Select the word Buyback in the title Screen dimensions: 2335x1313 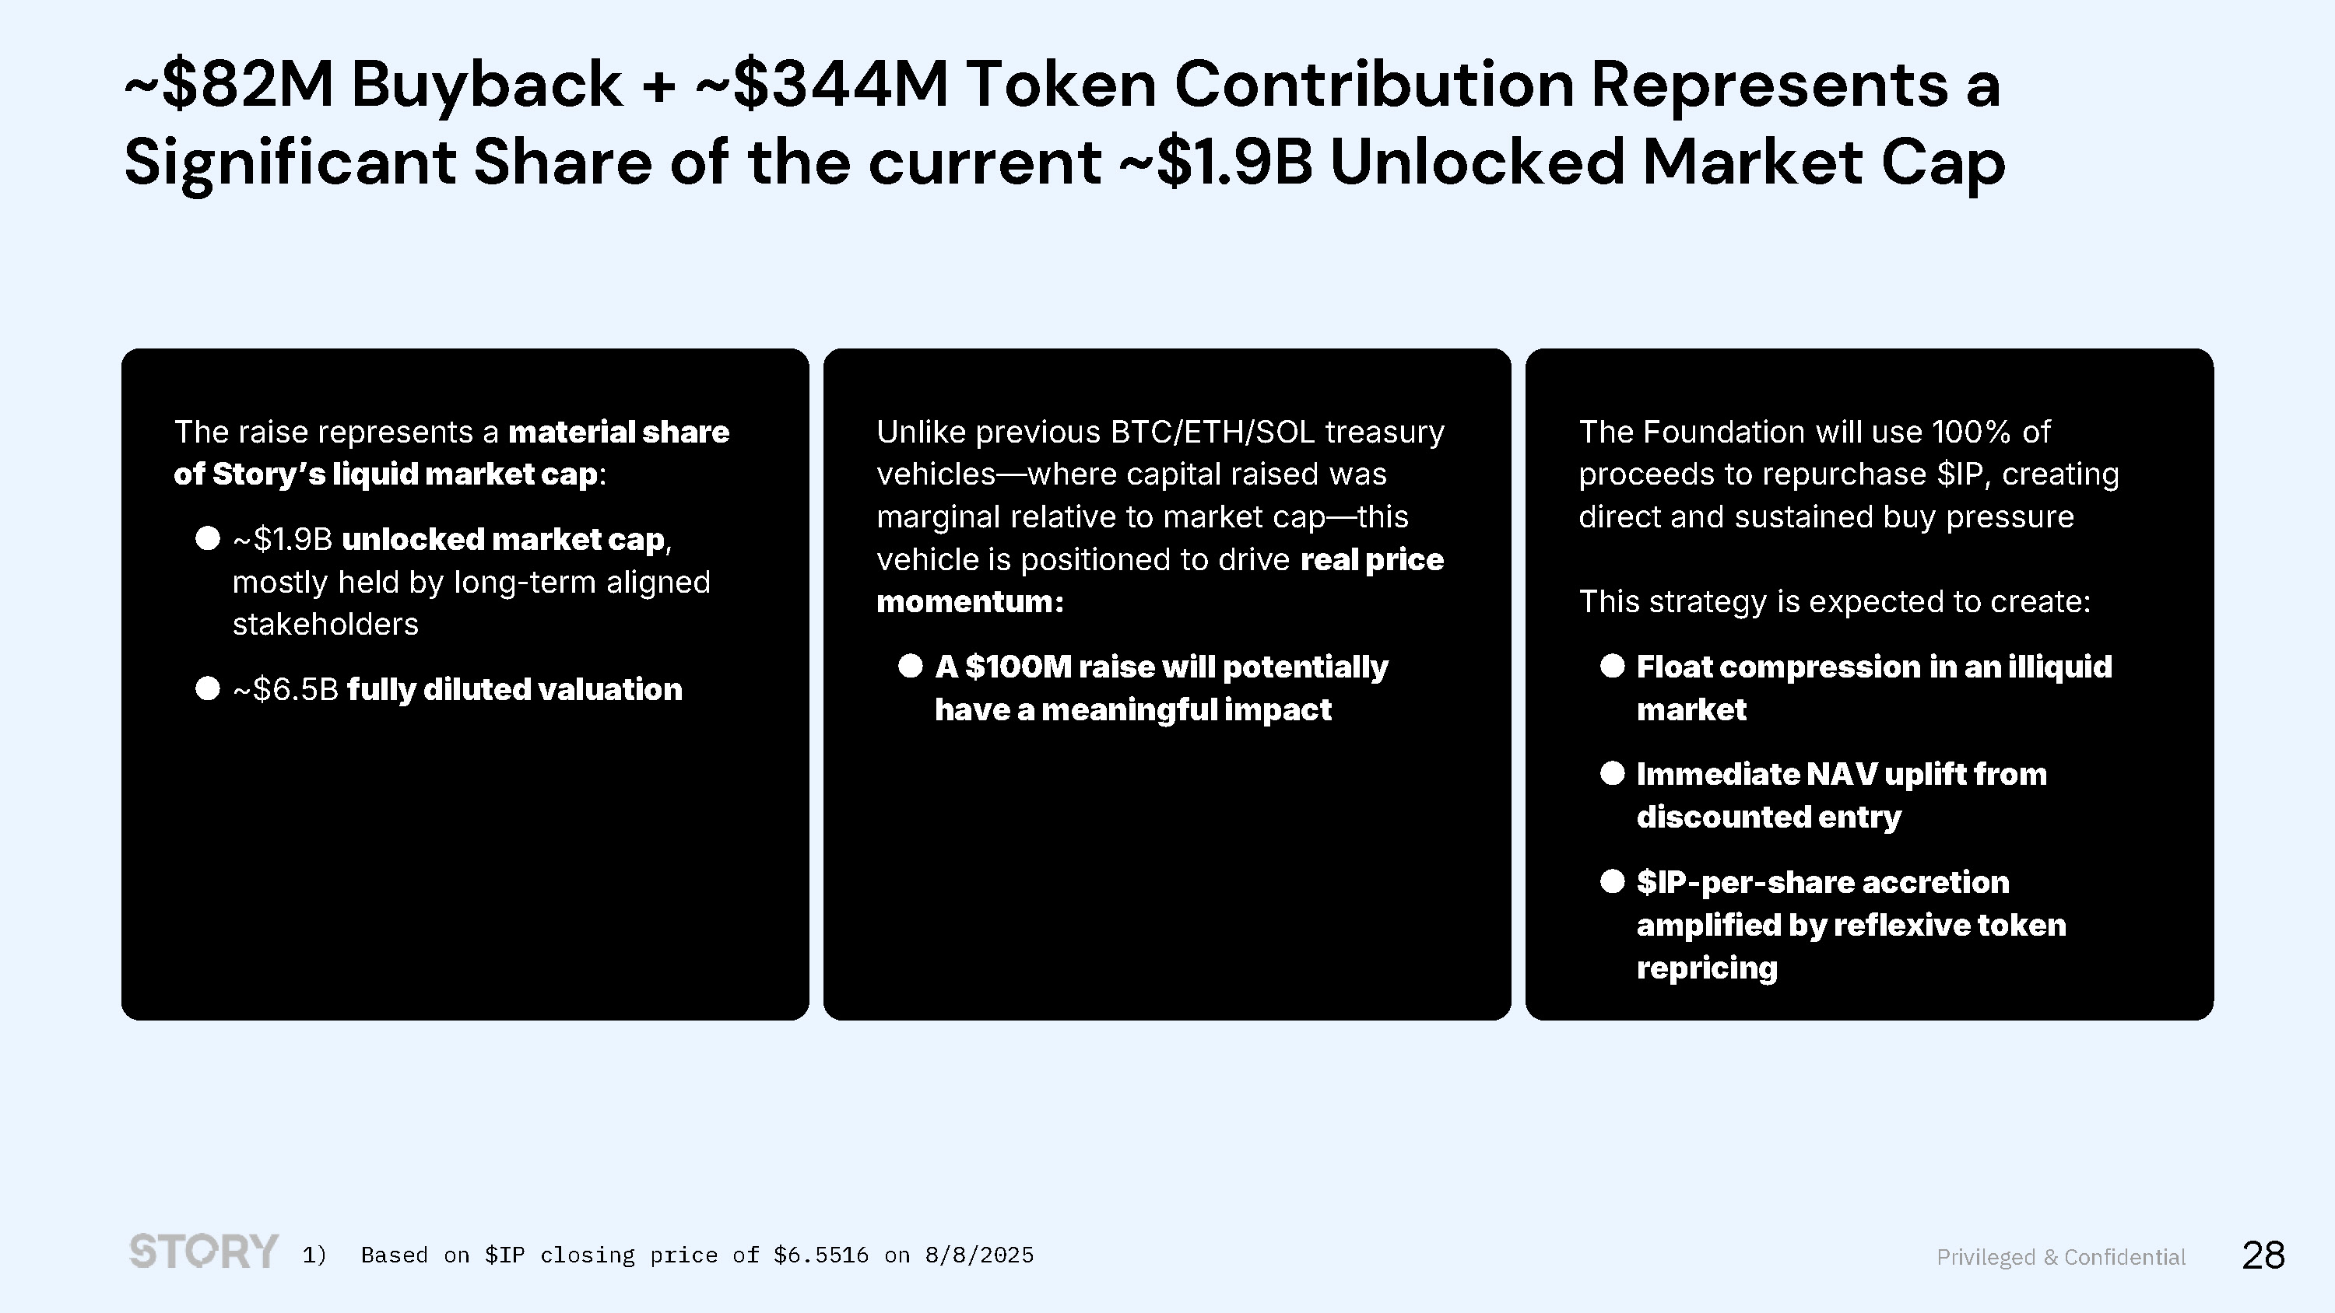click(x=486, y=84)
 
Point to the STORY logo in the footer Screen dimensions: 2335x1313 click(x=204, y=1251)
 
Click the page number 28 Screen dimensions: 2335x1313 click(x=2263, y=1255)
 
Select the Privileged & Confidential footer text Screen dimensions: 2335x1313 click(x=2061, y=1257)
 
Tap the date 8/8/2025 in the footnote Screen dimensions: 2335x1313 click(x=979, y=1255)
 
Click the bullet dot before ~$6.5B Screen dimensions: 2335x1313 click(x=208, y=688)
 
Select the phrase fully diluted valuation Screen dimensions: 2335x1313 click(x=514, y=690)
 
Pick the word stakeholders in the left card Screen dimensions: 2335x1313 click(x=325, y=625)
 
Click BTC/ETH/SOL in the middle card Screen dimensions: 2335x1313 click(x=1213, y=432)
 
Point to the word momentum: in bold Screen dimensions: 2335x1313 click(x=970, y=602)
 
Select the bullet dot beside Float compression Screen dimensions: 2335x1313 click(x=1613, y=666)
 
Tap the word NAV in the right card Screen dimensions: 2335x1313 click(x=1841, y=774)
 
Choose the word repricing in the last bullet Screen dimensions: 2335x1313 click(x=1707, y=968)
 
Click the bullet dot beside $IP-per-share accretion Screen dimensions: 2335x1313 click(x=1613, y=881)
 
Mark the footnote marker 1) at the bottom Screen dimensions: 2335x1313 click(x=314, y=1255)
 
